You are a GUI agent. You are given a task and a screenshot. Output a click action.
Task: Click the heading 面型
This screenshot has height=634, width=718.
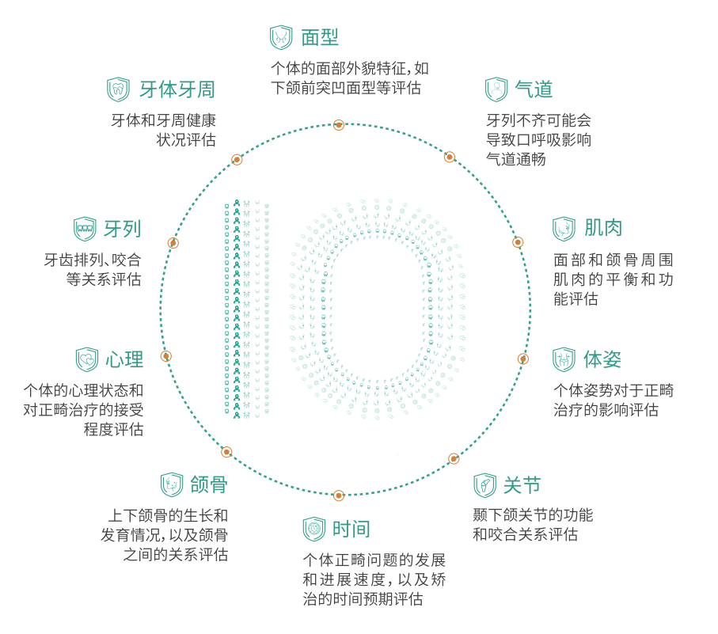coord(320,37)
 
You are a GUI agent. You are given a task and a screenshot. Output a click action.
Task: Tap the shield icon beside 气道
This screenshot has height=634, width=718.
coord(496,89)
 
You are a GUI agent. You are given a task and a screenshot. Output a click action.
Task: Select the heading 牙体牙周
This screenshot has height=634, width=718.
coord(177,89)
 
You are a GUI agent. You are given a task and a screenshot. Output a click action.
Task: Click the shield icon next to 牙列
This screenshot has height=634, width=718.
coord(85,229)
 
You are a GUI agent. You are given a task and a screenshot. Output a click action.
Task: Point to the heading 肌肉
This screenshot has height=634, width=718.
coord(603,228)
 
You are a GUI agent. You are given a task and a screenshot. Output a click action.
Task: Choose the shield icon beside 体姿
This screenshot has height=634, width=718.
coord(564,359)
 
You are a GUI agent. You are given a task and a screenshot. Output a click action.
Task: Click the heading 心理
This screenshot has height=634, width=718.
coord(124,359)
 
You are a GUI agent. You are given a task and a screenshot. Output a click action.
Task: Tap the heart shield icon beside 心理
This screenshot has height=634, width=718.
coord(87,359)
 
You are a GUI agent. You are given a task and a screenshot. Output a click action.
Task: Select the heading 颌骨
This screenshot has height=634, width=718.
coord(209,484)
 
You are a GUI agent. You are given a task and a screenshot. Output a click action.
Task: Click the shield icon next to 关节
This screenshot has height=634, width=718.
coord(485,485)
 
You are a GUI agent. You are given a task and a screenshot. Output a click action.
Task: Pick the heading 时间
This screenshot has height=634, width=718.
coord(351,530)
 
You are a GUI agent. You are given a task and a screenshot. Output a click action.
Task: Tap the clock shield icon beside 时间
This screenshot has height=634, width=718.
coord(314,530)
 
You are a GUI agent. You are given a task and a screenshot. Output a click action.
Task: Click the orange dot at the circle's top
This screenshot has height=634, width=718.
coord(338,124)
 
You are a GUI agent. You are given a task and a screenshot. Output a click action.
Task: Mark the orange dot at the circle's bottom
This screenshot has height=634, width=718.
coord(338,495)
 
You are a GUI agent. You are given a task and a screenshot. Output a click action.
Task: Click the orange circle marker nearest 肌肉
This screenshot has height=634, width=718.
coord(518,242)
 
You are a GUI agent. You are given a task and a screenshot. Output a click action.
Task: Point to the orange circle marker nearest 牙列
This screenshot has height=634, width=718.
coord(173,243)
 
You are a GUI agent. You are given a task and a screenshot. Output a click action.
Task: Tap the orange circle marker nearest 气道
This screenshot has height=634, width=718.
coord(450,157)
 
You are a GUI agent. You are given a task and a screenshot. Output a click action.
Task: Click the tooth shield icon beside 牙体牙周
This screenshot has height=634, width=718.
coord(118,89)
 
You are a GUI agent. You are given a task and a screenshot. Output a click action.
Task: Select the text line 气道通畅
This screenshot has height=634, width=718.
coord(516,159)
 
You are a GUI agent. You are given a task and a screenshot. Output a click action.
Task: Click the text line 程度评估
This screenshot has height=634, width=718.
coord(113,429)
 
